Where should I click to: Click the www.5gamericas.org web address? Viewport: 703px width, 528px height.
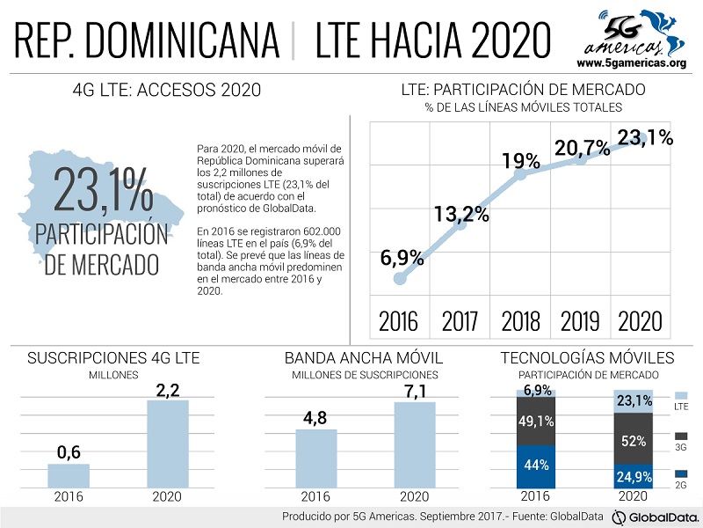tap(630, 63)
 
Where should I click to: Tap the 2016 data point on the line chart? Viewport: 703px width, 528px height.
tap(400, 278)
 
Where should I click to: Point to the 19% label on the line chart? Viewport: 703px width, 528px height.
tap(521, 161)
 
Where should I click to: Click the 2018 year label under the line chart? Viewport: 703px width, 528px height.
tap(521, 319)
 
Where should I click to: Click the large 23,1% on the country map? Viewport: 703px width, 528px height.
tap(104, 187)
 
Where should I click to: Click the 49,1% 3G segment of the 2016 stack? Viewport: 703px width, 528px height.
tap(536, 422)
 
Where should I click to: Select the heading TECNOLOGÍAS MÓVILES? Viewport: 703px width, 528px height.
tap(587, 358)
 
